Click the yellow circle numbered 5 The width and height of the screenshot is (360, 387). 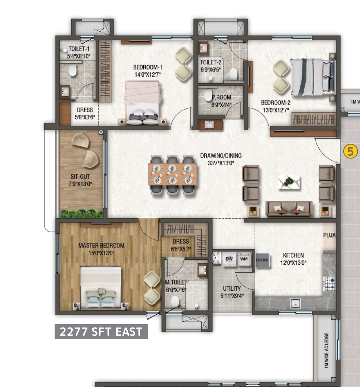pos(350,151)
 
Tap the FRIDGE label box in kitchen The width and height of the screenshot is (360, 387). pos(262,260)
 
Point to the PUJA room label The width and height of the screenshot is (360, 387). pos(329,235)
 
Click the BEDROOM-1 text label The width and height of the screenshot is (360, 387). pos(147,67)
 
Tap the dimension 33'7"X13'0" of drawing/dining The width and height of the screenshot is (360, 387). pos(220,163)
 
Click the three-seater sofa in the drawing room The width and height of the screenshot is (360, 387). pos(289,209)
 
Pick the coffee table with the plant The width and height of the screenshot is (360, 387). pos(289,182)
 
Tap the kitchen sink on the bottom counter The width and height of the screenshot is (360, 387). pos(295,302)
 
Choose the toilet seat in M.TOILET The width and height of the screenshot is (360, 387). pos(175,302)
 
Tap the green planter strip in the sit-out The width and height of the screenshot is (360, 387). pos(81,214)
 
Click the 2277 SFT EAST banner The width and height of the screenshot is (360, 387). pos(101,332)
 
